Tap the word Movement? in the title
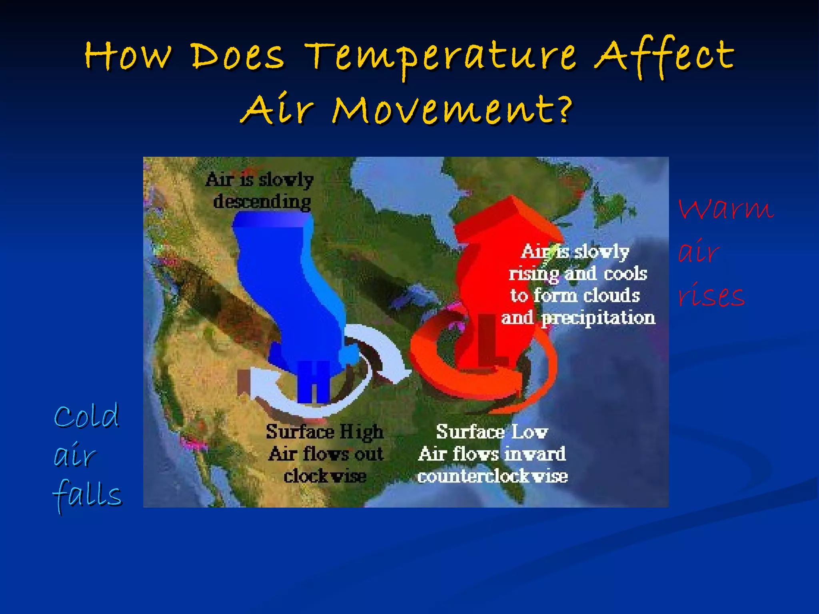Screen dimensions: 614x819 452,110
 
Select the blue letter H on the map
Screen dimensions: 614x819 314,382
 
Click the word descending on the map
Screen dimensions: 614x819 262,201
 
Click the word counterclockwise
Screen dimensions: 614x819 492,476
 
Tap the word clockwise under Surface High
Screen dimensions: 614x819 325,476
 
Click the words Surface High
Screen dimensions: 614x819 324,432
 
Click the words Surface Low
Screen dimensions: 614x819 492,432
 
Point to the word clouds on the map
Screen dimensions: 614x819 611,296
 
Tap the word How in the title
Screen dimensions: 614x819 128,56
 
